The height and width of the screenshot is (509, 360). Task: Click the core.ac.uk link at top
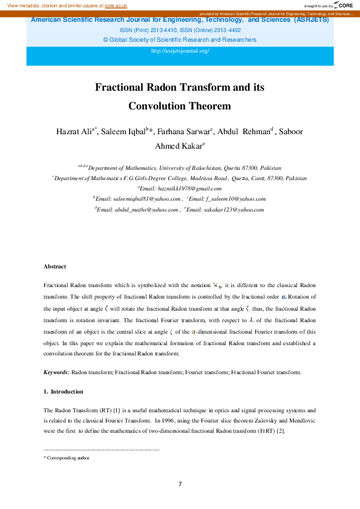(116, 5)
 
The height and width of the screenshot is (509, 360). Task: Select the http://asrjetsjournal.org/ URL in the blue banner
(180, 51)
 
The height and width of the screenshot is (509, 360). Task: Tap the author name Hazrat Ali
(72, 132)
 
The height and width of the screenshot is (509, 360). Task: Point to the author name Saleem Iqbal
(124, 132)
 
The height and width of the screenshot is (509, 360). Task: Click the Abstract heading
(54, 267)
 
